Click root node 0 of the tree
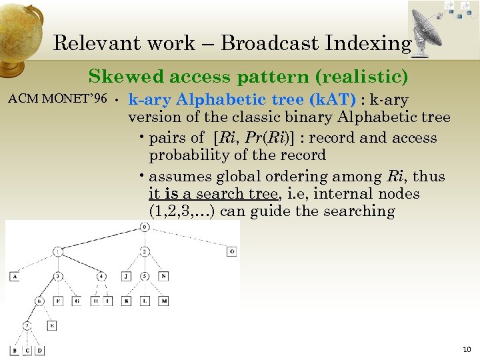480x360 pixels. tap(144, 228)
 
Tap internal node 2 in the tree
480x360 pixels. tap(145, 251)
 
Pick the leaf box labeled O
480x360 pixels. tap(231, 251)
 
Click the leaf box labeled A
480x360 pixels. tap(15, 275)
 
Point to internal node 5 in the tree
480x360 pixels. tap(145, 275)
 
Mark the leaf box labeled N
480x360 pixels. tap(163, 275)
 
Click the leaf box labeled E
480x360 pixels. tap(52, 326)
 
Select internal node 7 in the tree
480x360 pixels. tap(27, 326)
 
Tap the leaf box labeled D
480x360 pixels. tap(40, 350)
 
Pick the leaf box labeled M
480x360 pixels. tap(163, 301)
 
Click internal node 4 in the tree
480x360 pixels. tap(101, 275)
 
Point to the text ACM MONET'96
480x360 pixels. tap(57, 99)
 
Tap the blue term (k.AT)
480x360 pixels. tap(332, 100)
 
